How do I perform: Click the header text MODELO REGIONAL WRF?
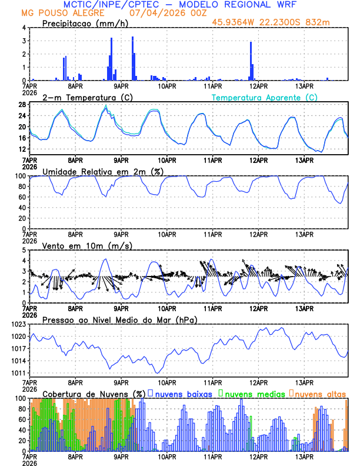241,4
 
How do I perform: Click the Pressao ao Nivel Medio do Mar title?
119,319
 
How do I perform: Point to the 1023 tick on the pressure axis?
19,324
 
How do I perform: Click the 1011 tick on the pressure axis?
19,373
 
